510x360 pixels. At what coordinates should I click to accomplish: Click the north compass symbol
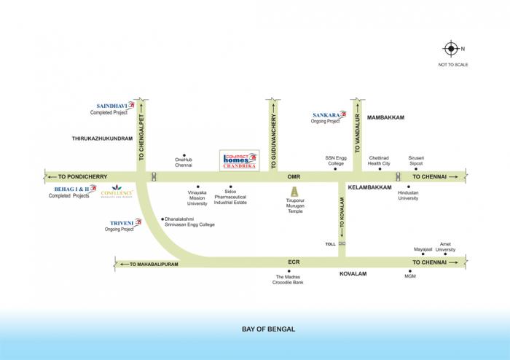coord(450,50)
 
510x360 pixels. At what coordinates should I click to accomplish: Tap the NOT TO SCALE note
coord(452,66)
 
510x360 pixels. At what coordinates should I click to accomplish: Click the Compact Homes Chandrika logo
coord(240,160)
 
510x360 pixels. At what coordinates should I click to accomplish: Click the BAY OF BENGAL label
coord(268,329)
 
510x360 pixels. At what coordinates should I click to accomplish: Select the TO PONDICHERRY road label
coord(82,176)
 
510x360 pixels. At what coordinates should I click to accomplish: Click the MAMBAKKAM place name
coord(385,117)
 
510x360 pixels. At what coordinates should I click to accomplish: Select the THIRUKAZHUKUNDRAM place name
coord(102,137)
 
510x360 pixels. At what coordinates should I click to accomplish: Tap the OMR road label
coord(294,176)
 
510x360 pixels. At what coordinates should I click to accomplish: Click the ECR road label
coord(294,261)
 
